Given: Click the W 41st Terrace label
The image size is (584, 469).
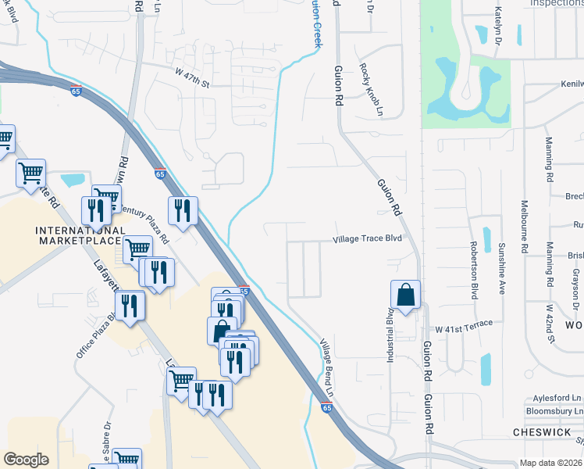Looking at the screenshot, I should pyautogui.click(x=464, y=324).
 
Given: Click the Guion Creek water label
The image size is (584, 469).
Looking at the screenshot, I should pyautogui.click(x=317, y=23).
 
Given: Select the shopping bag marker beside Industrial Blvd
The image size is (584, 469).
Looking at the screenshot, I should pyautogui.click(x=405, y=295).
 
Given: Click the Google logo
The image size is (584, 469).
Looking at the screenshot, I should pyautogui.click(x=26, y=460).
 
